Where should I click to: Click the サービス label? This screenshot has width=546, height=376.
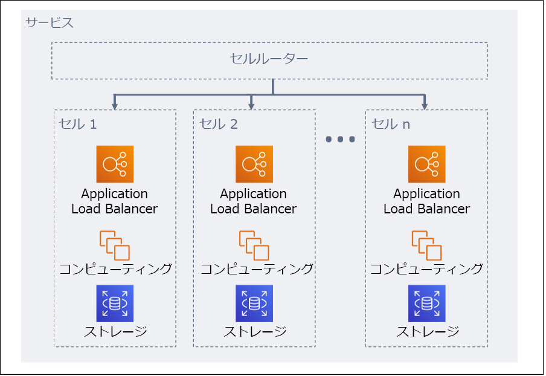[50, 24]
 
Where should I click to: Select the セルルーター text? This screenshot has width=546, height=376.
[269, 59]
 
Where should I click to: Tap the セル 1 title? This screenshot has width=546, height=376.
[77, 124]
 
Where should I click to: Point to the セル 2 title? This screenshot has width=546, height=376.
[218, 124]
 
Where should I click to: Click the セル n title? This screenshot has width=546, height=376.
[391, 124]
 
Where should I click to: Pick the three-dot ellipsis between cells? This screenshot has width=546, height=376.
[340, 140]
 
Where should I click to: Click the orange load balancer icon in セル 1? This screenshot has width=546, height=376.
[115, 164]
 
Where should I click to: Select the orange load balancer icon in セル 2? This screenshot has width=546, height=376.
[254, 164]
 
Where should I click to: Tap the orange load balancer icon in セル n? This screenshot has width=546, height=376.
[426, 164]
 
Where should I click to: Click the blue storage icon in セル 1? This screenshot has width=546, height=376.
[115, 303]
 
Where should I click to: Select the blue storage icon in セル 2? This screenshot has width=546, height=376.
[254, 303]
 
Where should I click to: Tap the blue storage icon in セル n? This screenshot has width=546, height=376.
[426, 303]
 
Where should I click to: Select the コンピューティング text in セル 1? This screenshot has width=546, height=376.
[115, 269]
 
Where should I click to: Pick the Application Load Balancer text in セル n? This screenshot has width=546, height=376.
[426, 201]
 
